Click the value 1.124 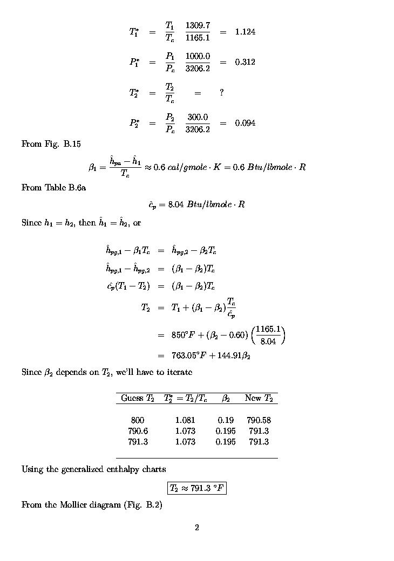(245, 32)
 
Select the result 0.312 (245, 62)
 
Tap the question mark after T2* (221, 93)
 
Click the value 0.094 (245, 123)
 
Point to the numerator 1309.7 (198, 26)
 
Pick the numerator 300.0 (198, 117)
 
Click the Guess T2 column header (138, 399)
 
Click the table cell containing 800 (138, 420)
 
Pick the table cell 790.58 (259, 420)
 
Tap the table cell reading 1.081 (185, 420)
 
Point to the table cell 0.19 (225, 420)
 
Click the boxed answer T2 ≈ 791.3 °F (196, 489)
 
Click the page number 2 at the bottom (197, 528)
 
